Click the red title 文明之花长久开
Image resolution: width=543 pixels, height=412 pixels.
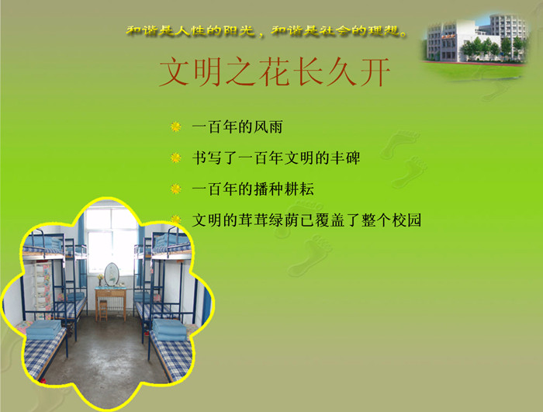(x=275, y=71)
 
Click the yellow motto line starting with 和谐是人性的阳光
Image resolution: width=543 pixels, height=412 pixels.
(x=266, y=31)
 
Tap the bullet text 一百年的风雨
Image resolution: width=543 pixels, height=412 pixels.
(x=237, y=126)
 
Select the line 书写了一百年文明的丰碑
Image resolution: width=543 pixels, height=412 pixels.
(x=276, y=158)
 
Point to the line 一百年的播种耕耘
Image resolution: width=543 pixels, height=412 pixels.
(x=253, y=189)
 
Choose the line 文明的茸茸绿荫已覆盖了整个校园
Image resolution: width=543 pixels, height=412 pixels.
(x=306, y=220)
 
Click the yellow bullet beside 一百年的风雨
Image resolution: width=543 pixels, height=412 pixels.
(x=176, y=126)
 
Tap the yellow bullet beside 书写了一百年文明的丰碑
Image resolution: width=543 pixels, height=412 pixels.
(x=176, y=158)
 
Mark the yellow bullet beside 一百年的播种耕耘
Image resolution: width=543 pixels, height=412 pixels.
(x=176, y=189)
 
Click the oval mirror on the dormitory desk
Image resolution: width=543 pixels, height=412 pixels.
(x=112, y=275)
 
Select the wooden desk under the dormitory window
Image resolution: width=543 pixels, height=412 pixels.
(x=111, y=301)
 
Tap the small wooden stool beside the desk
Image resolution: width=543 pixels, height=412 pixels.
(x=103, y=310)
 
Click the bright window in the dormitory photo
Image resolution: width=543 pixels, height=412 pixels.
(x=111, y=240)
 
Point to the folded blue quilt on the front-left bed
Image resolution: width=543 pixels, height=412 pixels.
(x=43, y=330)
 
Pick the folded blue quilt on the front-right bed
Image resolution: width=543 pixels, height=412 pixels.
(x=170, y=330)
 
